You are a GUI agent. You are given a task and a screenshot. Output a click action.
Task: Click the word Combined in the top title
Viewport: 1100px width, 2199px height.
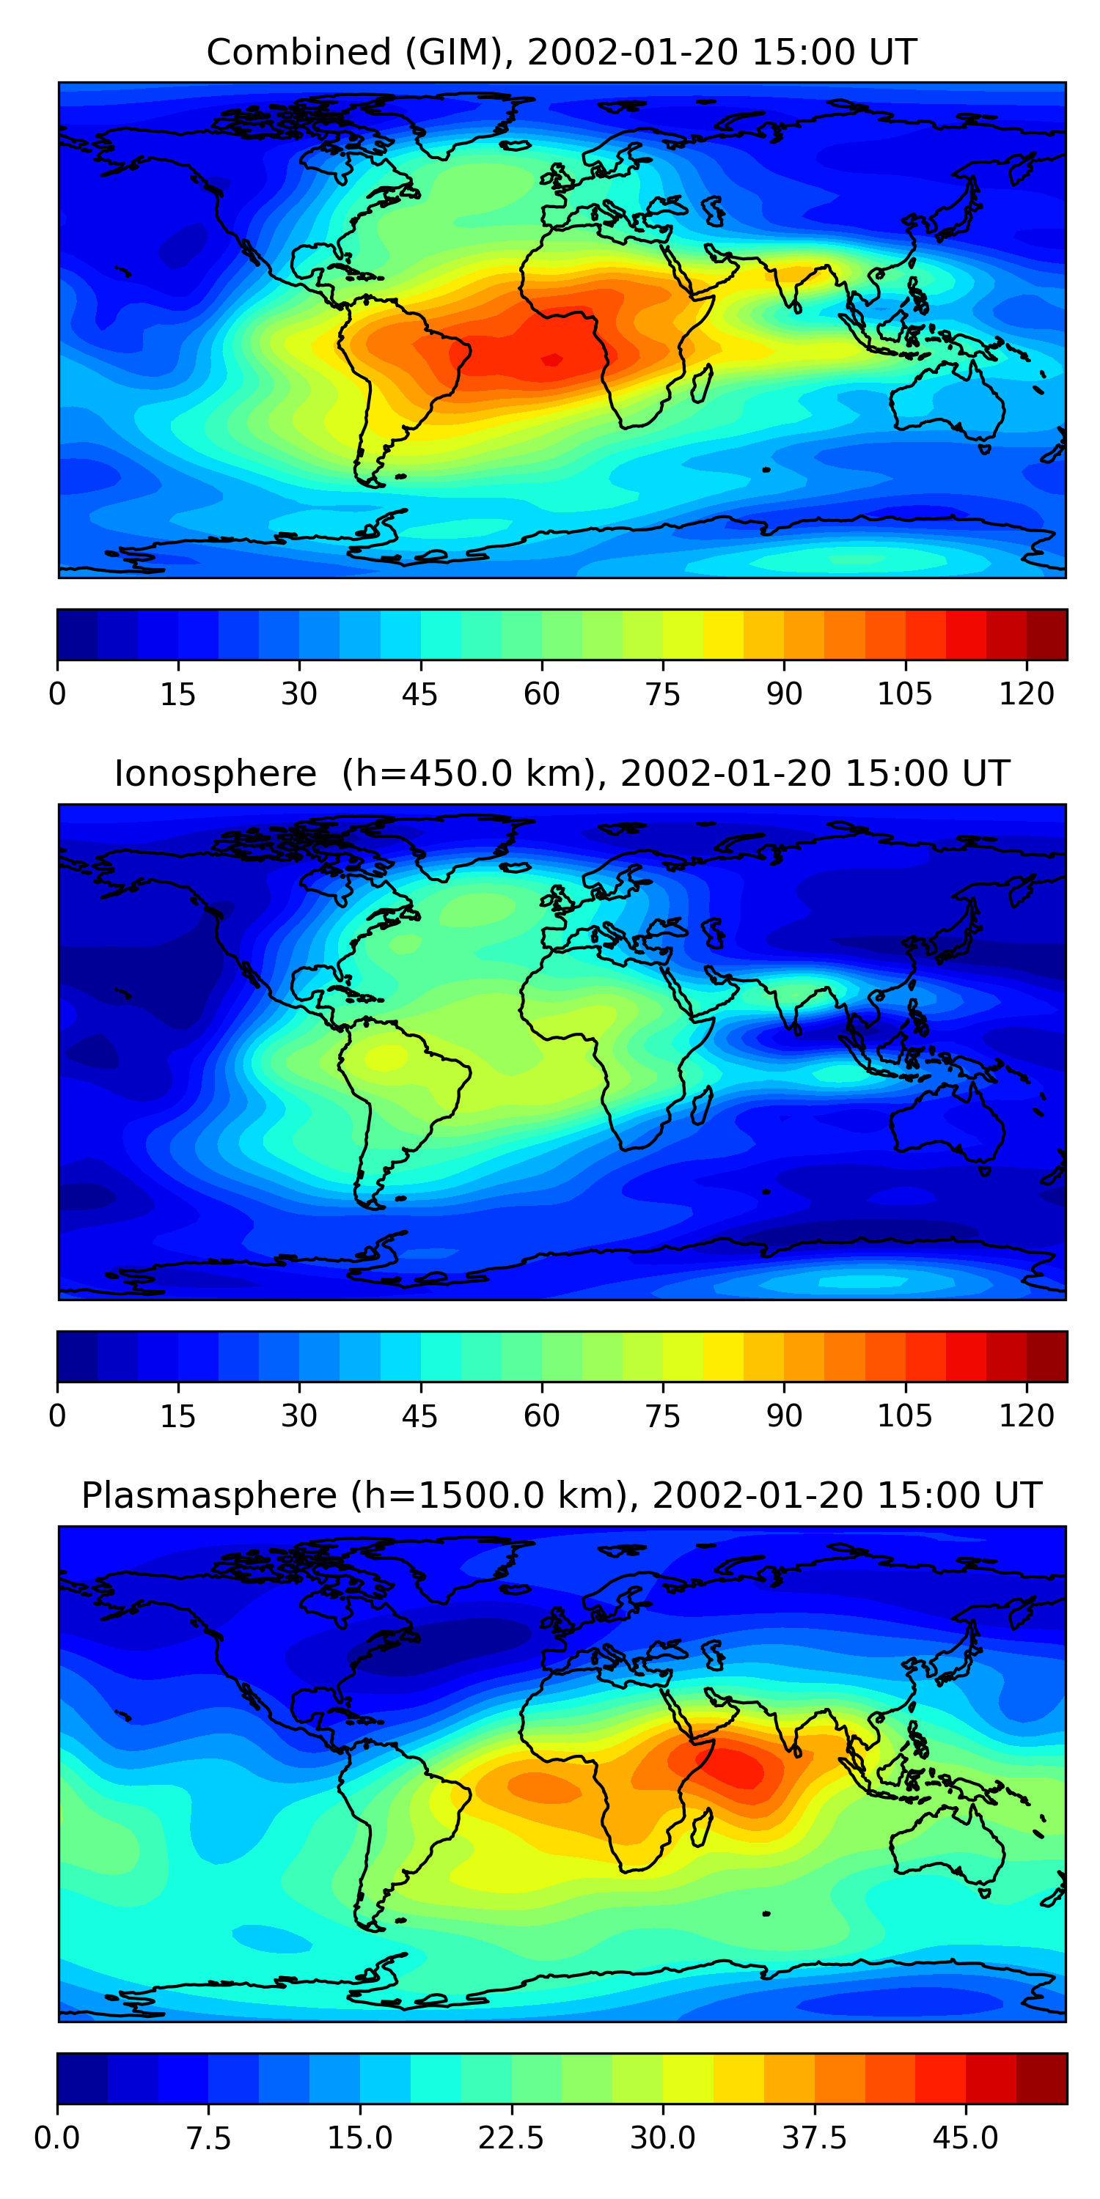[x=299, y=52]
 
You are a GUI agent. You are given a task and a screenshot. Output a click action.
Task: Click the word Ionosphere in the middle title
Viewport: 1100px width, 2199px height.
[x=215, y=774]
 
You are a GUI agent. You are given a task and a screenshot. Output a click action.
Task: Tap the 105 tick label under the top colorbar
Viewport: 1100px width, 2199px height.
[x=905, y=694]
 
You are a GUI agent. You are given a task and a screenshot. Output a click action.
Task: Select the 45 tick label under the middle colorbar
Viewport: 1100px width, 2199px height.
[x=420, y=1416]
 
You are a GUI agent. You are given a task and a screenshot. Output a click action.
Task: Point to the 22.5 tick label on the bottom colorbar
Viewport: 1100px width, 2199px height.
[x=510, y=2138]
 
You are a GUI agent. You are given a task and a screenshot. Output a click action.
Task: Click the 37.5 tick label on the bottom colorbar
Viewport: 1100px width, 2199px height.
[x=815, y=2138]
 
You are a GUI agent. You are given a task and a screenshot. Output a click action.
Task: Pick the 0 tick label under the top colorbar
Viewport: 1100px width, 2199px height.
[x=57, y=694]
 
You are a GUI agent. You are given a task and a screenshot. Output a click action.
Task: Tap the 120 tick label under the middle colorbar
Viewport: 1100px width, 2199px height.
[x=1027, y=1416]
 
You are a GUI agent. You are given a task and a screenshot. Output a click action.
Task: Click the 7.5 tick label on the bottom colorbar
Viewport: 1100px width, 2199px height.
[x=208, y=2138]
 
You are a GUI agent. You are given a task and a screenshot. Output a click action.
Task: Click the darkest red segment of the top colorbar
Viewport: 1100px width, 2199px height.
[x=1047, y=634]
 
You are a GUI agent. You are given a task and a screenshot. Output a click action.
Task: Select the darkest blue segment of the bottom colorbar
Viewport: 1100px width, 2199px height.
[x=83, y=2079]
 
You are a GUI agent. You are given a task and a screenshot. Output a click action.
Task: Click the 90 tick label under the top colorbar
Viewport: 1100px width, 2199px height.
[x=784, y=694]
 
